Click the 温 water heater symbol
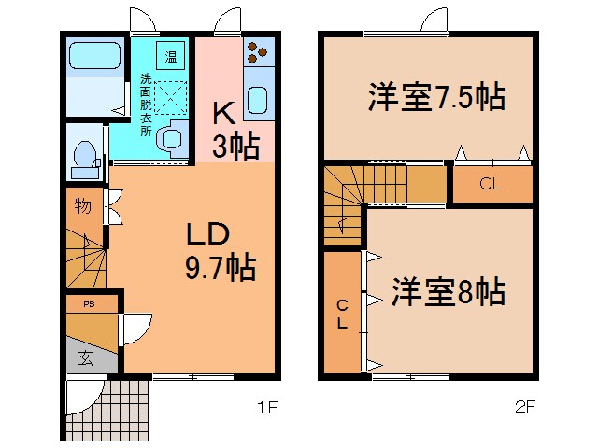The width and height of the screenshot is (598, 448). click(170, 58)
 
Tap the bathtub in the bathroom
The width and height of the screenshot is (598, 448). click(94, 59)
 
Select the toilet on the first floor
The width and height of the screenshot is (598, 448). click(84, 159)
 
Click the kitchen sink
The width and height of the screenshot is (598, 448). click(259, 101)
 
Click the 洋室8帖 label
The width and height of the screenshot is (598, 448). click(448, 292)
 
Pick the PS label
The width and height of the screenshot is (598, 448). click(89, 304)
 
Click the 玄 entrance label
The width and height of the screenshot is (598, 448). click(85, 357)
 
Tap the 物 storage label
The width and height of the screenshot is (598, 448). click(82, 206)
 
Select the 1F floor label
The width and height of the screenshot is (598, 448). click(268, 406)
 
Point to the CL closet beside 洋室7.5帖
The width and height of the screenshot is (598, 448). click(492, 184)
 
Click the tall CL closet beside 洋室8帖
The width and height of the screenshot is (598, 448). click(342, 313)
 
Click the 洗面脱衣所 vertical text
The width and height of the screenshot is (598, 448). click(147, 105)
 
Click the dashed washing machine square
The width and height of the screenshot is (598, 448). click(170, 98)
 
